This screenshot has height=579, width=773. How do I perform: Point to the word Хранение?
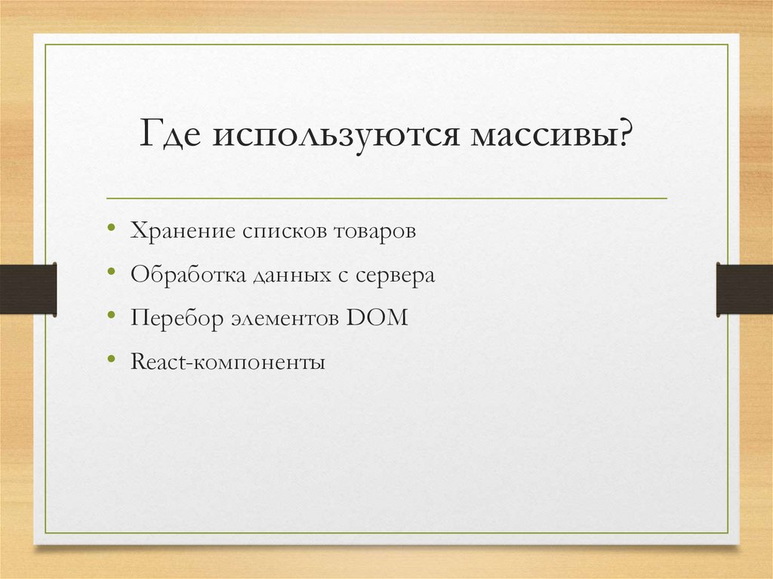(183, 230)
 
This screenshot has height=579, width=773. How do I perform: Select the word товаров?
(374, 231)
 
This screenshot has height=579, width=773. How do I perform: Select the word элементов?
(285, 319)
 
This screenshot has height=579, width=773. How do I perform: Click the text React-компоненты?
(228, 362)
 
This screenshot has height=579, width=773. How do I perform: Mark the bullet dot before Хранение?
(112, 227)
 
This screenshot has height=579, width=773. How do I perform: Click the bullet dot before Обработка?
(112, 271)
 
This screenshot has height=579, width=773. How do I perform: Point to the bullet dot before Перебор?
(112, 314)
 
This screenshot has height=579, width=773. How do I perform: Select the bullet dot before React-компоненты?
(112, 358)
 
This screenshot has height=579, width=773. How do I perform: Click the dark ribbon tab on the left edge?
(28, 289)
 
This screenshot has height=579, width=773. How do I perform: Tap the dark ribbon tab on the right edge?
(744, 289)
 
